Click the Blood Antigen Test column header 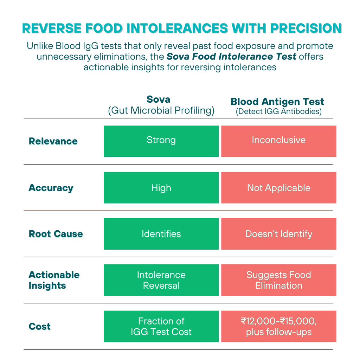pos(277,102)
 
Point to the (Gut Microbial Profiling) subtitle pos(161,110)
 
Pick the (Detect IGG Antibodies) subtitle pos(279,112)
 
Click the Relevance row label pos(53,141)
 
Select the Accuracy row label pos(51,188)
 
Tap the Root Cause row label pos(56,234)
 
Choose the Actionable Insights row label pos(54,280)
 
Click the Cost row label pos(39,326)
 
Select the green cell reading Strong pos(161,141)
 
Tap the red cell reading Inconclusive pos(278,141)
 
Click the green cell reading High pos(161,188)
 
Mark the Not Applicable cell pos(278,188)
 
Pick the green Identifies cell pos(161,234)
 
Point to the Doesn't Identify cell pos(278,234)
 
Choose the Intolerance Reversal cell pos(161,280)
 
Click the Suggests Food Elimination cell pos(278,280)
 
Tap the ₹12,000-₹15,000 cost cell pos(278,326)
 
